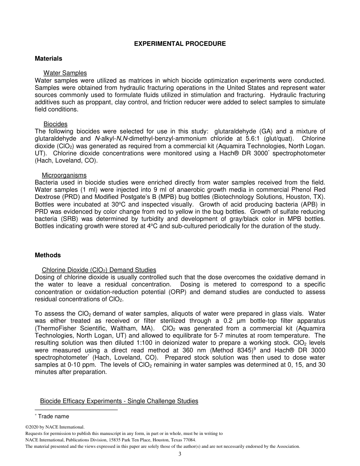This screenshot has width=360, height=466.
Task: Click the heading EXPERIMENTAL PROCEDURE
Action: (x=180, y=44)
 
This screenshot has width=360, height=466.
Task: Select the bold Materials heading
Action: (x=49, y=59)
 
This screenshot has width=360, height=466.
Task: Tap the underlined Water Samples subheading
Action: (x=65, y=73)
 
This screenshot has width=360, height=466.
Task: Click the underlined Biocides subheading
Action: (x=55, y=124)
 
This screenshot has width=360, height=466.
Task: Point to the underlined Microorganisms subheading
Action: (x=64, y=175)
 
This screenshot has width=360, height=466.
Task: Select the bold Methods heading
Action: (x=48, y=255)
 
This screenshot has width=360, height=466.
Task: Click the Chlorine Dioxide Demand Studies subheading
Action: (x=99, y=270)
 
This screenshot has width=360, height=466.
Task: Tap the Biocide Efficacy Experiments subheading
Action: (x=119, y=401)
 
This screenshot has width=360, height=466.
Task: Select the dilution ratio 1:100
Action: (x=139, y=343)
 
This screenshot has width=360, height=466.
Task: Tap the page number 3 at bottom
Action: (x=180, y=454)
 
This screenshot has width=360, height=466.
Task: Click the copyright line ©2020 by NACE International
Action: (x=55, y=427)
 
